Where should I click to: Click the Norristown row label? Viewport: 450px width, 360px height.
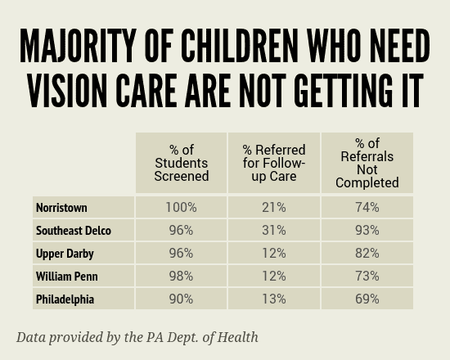[61, 207]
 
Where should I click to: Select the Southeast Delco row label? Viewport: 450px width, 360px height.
[74, 231]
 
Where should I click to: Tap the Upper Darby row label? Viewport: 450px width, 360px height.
[65, 254]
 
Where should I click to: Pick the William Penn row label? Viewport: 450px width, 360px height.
[67, 277]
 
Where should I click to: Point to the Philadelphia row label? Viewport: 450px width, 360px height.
[65, 299]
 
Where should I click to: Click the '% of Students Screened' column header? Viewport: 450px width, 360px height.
[182, 163]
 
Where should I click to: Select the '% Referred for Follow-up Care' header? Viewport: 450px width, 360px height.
[274, 163]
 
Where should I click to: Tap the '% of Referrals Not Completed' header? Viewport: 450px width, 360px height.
[367, 163]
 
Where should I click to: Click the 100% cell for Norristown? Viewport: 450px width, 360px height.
[182, 207]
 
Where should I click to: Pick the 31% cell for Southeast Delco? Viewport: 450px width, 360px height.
[274, 230]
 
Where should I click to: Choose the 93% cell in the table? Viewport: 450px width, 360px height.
[367, 230]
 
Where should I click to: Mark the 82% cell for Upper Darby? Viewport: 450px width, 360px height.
[367, 253]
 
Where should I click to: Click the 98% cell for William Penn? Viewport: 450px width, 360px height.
[182, 277]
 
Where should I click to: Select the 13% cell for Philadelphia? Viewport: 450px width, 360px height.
[274, 299]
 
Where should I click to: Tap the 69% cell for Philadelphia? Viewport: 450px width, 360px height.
[367, 299]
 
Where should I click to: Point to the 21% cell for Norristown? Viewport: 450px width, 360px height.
[274, 207]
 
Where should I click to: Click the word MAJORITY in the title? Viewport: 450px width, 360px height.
[78, 45]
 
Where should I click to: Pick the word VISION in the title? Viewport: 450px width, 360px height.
[67, 91]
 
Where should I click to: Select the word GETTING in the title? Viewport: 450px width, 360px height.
[343, 91]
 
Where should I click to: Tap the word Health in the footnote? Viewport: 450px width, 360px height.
[237, 337]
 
